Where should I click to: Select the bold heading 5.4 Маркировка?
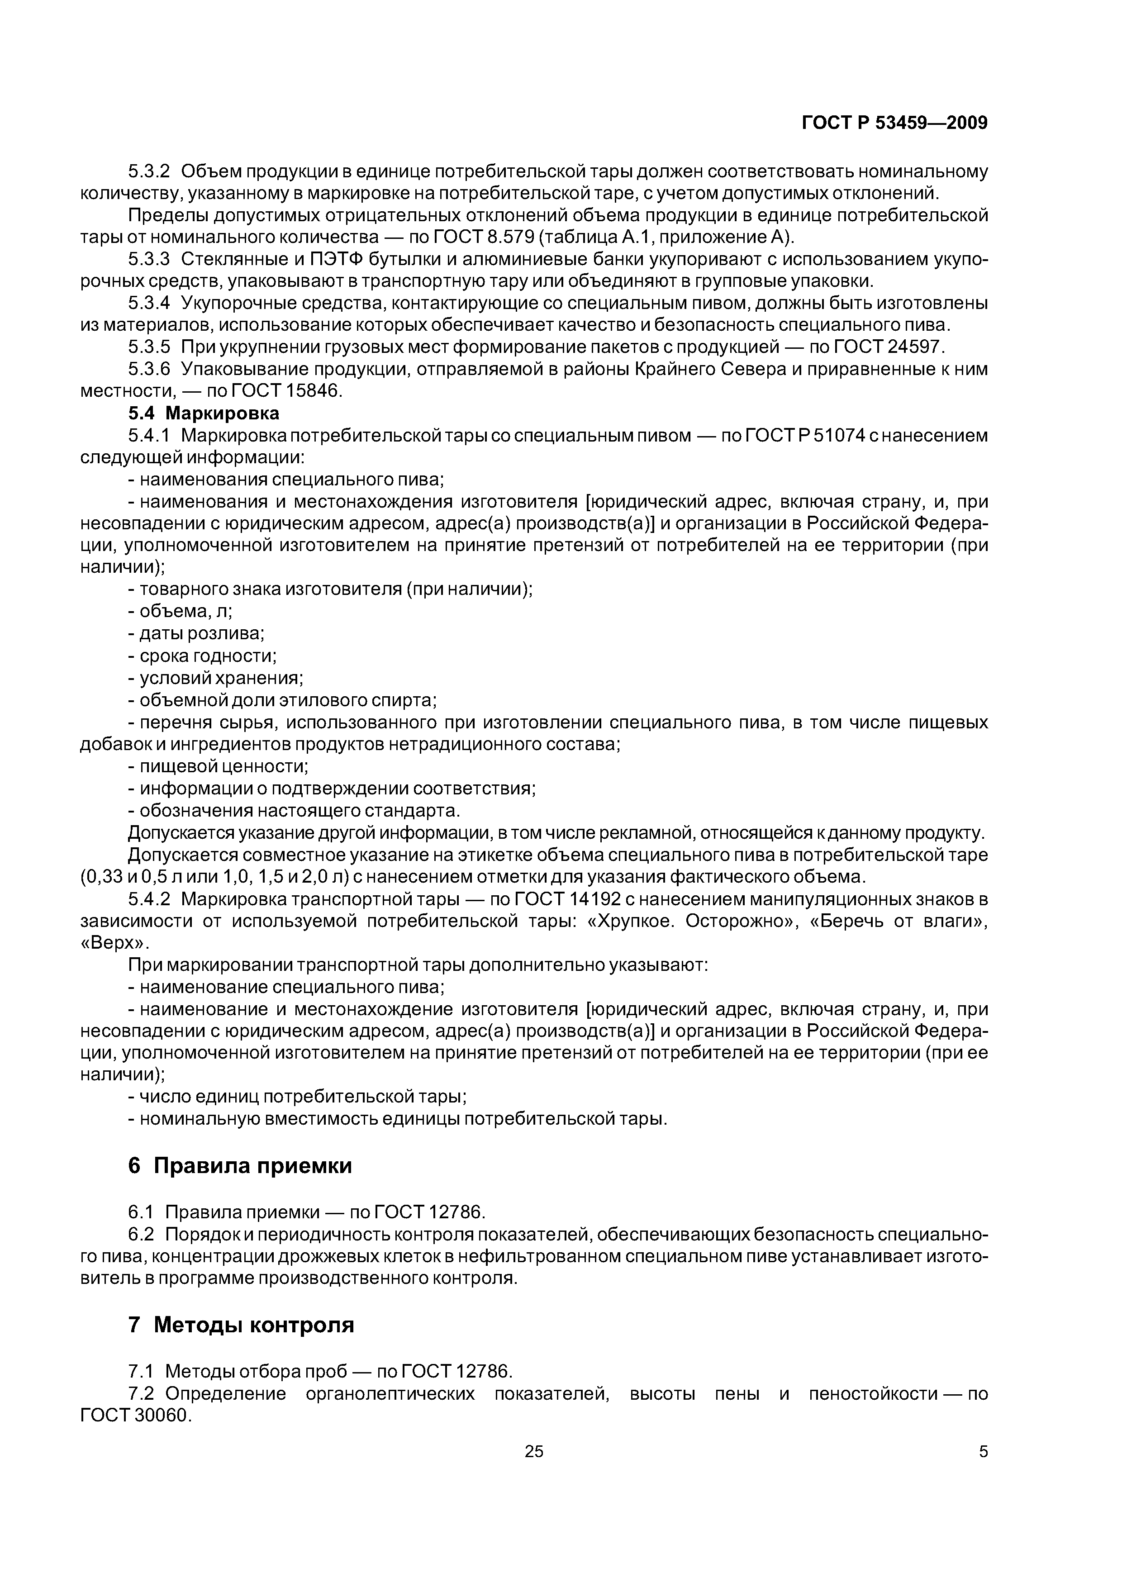[204, 413]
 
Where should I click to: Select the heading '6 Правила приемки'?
[240, 1166]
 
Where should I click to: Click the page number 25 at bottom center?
[534, 1452]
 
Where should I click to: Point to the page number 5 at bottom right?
[983, 1452]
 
